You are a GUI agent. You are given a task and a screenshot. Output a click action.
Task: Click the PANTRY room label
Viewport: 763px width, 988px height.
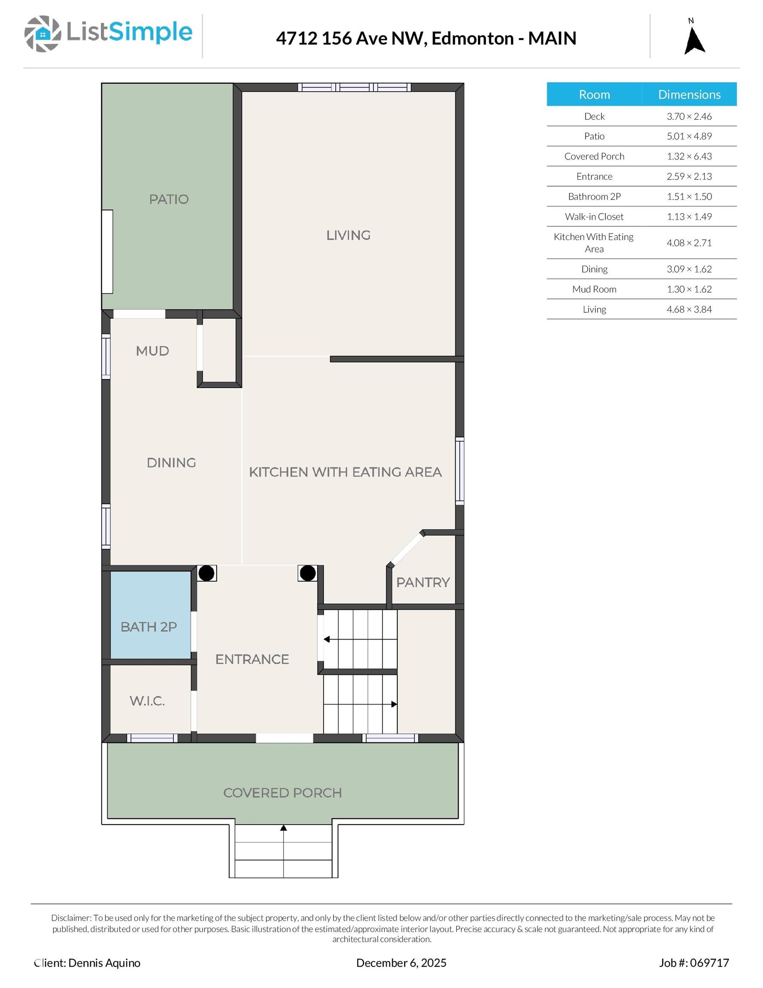423,582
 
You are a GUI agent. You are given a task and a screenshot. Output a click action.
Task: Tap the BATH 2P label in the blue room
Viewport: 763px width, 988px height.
148,627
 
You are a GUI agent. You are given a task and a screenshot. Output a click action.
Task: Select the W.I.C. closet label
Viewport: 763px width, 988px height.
147,701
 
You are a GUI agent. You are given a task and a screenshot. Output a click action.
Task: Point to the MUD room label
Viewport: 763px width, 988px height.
153,351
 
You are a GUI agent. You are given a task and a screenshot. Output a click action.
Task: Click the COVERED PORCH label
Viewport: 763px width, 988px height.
282,792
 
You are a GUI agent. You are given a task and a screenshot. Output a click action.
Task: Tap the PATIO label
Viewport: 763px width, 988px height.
169,199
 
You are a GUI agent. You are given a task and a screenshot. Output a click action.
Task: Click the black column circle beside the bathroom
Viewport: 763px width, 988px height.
207,573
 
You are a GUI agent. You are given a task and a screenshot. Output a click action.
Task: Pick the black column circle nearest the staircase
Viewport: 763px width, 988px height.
307,573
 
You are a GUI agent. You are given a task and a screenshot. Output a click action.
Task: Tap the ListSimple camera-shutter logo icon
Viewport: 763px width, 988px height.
42,33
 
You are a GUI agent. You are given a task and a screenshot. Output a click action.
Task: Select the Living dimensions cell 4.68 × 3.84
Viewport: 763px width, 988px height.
689,310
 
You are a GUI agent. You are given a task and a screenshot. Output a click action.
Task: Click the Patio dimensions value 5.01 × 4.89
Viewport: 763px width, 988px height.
689,136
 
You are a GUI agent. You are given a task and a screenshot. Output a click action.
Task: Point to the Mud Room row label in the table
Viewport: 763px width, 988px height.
594,289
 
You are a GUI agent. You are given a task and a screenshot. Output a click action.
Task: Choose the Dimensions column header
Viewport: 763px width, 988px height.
689,94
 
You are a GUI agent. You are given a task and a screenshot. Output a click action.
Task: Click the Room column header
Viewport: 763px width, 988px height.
594,94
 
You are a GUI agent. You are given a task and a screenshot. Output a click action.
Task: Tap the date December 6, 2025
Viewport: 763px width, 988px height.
401,963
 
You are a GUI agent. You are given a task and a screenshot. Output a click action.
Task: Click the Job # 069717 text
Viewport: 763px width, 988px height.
694,963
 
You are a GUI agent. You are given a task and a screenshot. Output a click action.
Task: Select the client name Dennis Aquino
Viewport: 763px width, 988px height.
104,963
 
